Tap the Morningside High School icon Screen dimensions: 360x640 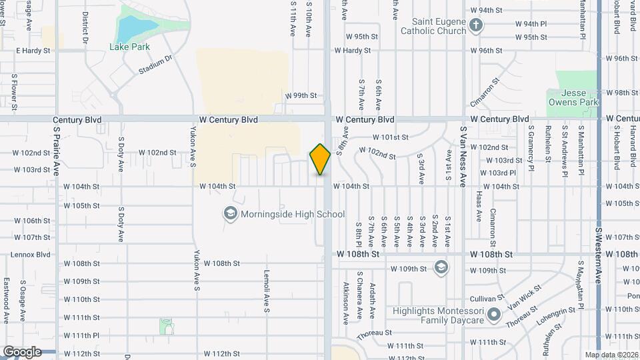pos(231,214)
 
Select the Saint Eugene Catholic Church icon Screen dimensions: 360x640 pos(475,26)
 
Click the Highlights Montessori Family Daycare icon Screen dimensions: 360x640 pos(493,315)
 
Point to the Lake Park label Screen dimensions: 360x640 pos(129,47)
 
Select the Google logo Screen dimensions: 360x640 pos(22,351)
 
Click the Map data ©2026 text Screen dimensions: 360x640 pos(611,355)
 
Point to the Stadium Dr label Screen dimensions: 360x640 pos(155,65)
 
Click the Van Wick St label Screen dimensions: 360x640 pos(526,295)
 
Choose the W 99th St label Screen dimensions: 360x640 pos(301,95)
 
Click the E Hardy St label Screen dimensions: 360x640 pos(33,51)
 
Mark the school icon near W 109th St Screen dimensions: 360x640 pos(440,267)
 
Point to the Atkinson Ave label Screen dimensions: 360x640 pos(346,303)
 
